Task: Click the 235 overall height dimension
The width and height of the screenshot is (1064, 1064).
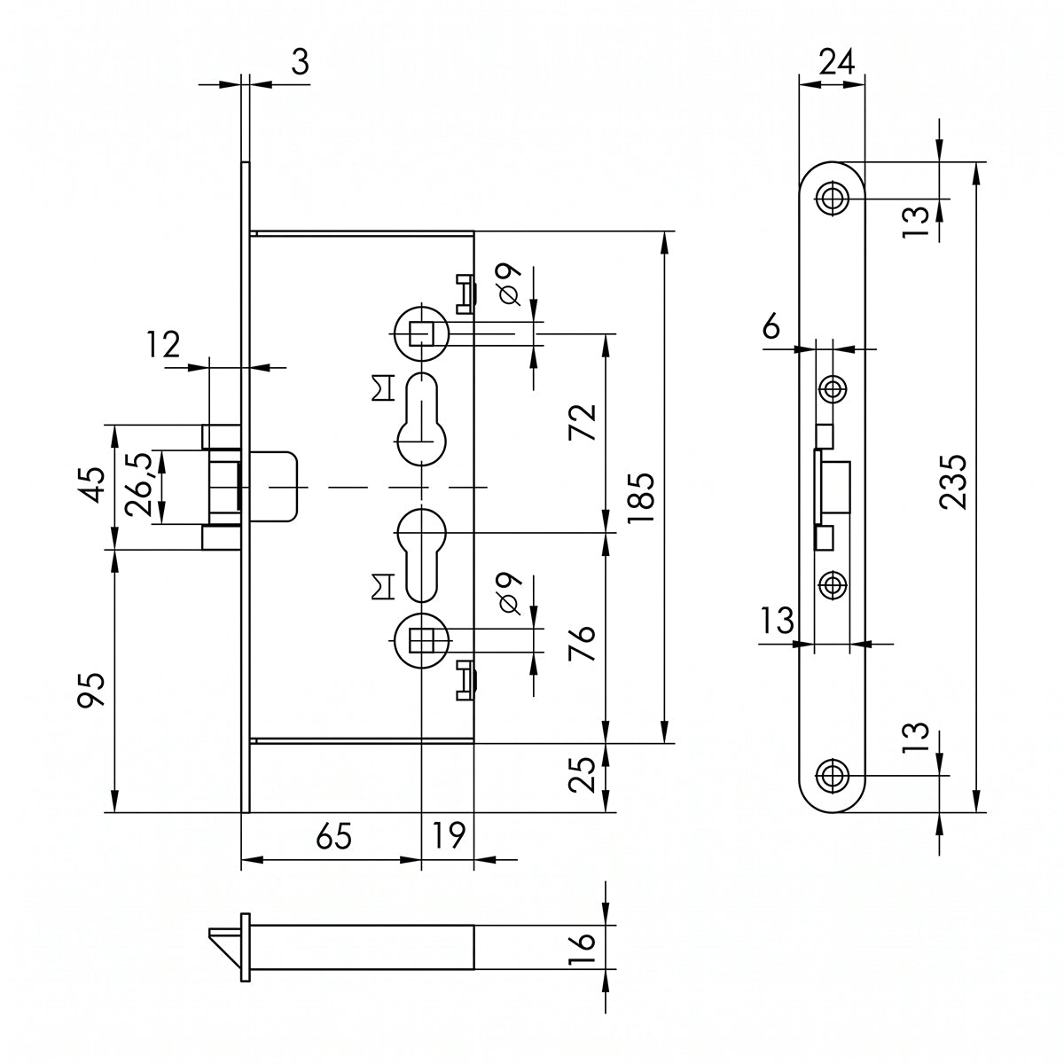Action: pyautogui.click(x=953, y=482)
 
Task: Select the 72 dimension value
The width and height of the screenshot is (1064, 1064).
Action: pyautogui.click(x=583, y=422)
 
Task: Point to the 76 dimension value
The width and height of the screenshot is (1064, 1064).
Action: pyautogui.click(x=583, y=643)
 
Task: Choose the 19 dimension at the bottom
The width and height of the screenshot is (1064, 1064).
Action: pyautogui.click(x=449, y=836)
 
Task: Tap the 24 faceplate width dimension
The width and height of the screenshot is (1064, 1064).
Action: pyautogui.click(x=836, y=61)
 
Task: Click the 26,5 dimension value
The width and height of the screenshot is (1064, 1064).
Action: pyautogui.click(x=137, y=484)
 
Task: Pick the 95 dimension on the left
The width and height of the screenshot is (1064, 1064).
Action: pyautogui.click(x=90, y=690)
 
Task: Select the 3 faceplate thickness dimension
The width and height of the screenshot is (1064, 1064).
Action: pyautogui.click(x=300, y=61)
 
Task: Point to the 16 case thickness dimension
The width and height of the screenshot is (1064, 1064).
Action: pyautogui.click(x=583, y=948)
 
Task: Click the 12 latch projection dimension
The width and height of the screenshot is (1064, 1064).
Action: pyautogui.click(x=163, y=345)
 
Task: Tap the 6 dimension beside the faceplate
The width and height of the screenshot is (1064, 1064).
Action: pyautogui.click(x=771, y=325)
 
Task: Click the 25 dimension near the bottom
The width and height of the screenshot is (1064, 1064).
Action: pyautogui.click(x=583, y=774)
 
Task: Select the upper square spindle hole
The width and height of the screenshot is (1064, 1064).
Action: pyautogui.click(x=421, y=333)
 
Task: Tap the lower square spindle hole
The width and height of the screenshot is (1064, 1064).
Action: pyautogui.click(x=421, y=640)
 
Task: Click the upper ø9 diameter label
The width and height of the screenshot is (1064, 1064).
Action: pyautogui.click(x=509, y=285)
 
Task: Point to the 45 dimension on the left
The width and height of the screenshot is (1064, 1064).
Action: pyautogui.click(x=90, y=485)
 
